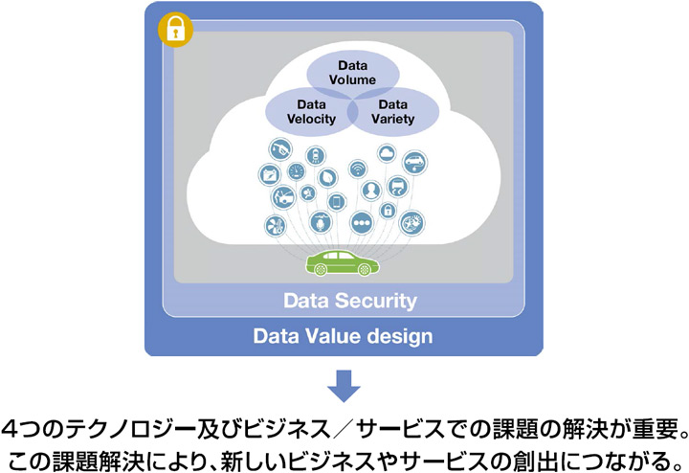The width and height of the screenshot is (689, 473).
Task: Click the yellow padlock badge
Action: (x=175, y=30)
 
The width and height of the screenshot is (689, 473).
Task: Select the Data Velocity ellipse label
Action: (x=311, y=111)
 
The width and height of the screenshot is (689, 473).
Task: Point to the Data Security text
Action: (x=350, y=301)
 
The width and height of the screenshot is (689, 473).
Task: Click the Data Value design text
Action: (x=343, y=336)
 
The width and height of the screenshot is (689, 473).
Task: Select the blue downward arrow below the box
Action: (x=344, y=388)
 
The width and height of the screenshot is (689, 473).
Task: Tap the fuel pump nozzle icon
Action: (x=279, y=149)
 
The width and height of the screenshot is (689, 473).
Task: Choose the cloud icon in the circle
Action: (x=387, y=151)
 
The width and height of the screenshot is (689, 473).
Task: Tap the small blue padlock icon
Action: (x=389, y=209)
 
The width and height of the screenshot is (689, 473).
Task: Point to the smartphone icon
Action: (x=336, y=202)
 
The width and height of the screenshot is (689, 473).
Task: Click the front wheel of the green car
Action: (x=320, y=269)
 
